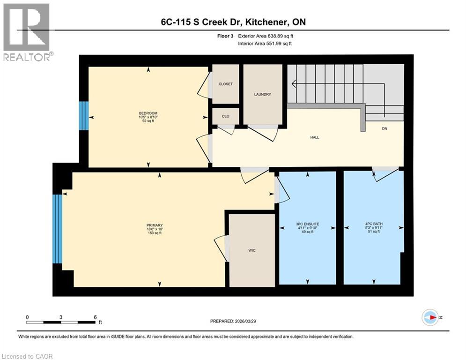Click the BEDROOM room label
point(148,113)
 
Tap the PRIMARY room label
point(154,225)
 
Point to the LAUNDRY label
point(263,94)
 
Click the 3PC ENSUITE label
point(307,224)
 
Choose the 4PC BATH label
point(373,224)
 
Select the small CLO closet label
point(226,116)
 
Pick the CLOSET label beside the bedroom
point(226,84)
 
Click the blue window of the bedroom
point(83,116)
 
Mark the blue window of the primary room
point(57,229)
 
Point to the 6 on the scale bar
point(95,317)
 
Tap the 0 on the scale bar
point(27,317)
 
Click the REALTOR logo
point(27,32)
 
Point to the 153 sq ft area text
point(154,233)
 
